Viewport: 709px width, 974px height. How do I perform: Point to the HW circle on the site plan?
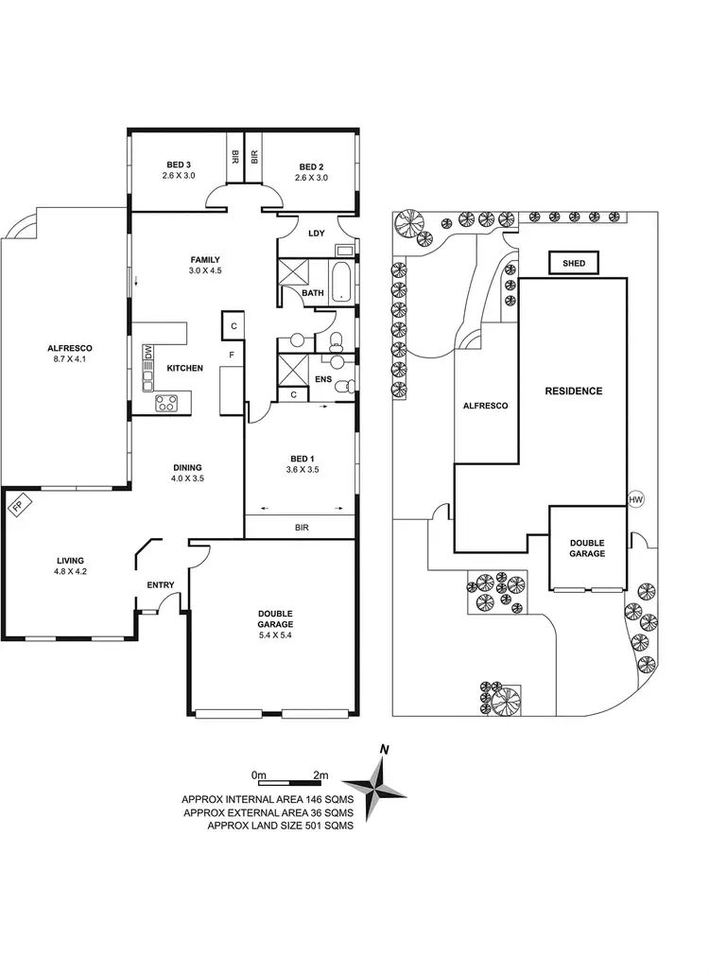point(634,499)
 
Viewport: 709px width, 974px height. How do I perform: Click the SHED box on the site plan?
point(574,264)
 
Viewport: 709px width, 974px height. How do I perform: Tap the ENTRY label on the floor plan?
point(160,584)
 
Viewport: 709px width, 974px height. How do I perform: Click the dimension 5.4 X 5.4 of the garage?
point(275,635)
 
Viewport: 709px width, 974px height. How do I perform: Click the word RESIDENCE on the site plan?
point(573,391)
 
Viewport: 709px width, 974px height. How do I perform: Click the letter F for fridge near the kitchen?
point(231,355)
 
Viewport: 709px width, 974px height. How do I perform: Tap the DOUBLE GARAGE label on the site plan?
point(587,548)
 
